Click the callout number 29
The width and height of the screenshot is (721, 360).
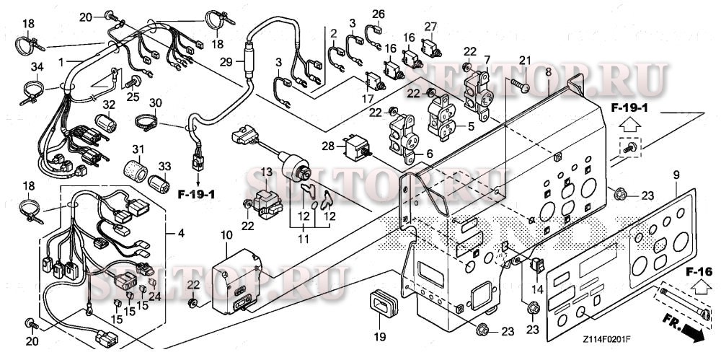coord(226,63)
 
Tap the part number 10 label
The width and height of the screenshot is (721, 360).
coord(226,235)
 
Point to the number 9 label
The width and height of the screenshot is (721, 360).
coord(676,175)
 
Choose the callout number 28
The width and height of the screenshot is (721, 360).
coord(329,146)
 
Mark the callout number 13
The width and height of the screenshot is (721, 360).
coord(266,172)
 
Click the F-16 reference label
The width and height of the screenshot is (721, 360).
coord(699,271)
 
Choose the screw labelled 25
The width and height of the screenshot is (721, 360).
coord(133,84)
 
